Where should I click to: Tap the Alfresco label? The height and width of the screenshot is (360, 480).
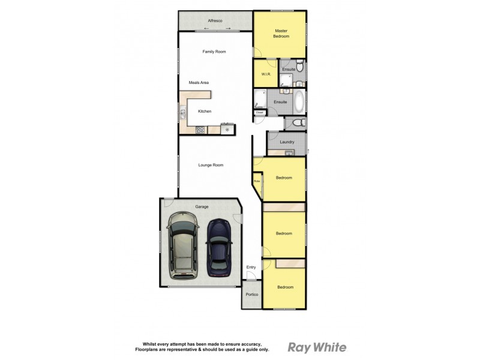tap(215, 21)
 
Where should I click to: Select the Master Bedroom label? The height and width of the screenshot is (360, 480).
tap(282, 34)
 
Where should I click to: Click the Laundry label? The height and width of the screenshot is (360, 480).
tap(287, 142)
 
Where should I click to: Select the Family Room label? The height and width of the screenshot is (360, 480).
tap(214, 52)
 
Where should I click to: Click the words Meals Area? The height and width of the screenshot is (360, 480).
tap(199, 83)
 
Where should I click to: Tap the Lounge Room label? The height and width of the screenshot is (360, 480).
tap(211, 165)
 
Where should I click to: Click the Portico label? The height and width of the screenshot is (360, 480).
tap(252, 295)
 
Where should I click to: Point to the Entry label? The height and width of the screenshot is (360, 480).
tap(251, 268)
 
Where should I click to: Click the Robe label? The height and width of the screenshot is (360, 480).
tap(257, 181)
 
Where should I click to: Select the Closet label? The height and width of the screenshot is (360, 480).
tap(260, 113)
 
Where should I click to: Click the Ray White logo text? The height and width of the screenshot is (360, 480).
tap(317, 347)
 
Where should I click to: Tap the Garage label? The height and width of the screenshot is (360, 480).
tap(202, 207)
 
